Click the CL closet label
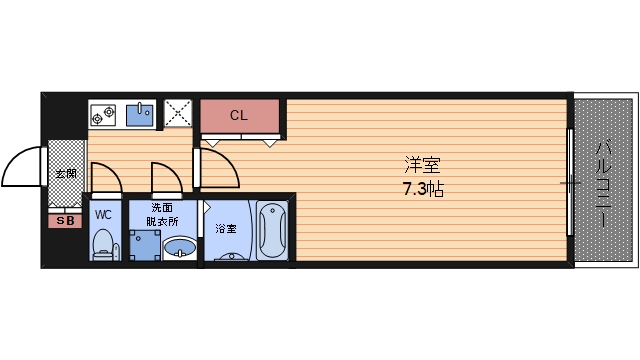point(239,116)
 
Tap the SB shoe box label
point(65,221)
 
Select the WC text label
point(103,215)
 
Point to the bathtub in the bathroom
point(272,231)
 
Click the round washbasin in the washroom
point(180,247)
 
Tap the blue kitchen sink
point(140,115)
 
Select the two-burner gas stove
point(103,115)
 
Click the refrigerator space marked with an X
point(178,113)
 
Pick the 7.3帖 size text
point(423,189)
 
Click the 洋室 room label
point(422,165)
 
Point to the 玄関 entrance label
point(66,173)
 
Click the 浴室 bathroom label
point(226,229)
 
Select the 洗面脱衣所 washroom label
point(162,215)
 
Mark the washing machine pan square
point(145,245)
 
